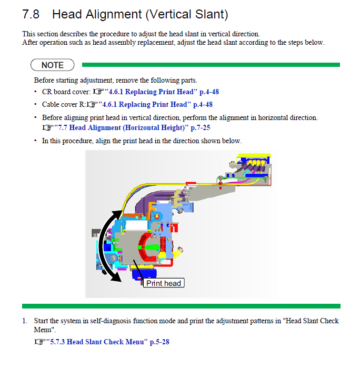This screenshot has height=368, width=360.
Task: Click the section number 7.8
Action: (31, 14)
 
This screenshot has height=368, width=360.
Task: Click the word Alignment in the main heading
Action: (114, 14)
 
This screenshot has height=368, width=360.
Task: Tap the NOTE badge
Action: (52, 65)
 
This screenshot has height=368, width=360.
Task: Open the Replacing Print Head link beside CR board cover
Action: (162, 92)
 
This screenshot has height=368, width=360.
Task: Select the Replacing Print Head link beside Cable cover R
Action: (155, 104)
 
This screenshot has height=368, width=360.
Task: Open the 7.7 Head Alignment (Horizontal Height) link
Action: (132, 128)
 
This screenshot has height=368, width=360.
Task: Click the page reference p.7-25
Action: (201, 128)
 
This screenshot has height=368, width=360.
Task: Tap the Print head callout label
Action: (164, 283)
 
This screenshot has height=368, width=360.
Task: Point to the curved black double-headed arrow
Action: (100, 245)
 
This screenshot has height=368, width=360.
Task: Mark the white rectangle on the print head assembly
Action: (137, 226)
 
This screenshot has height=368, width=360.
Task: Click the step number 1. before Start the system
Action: (25, 321)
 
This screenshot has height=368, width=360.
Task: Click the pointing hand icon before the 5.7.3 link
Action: (39, 342)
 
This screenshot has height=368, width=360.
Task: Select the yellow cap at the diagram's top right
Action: (254, 155)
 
